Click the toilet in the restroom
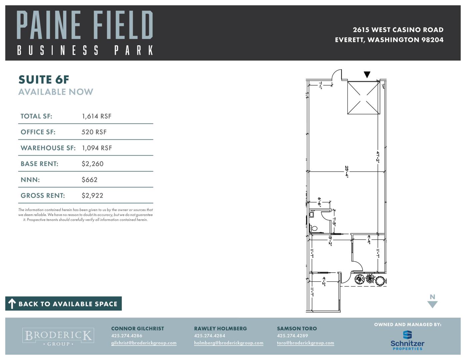[x=314, y=228]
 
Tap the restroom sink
[x=312, y=214]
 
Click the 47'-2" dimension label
[x=378, y=157]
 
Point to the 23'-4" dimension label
[x=347, y=171]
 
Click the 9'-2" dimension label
[x=324, y=281]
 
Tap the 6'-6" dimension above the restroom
[x=319, y=202]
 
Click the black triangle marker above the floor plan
[x=367, y=74]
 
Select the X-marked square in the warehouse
[x=364, y=98]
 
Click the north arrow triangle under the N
[x=432, y=304]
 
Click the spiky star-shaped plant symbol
[x=370, y=279]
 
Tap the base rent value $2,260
[x=92, y=164]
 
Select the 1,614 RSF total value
[x=97, y=116]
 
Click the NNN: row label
[x=30, y=180]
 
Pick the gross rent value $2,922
[x=92, y=196]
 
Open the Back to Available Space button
[x=63, y=303]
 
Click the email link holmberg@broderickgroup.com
[x=228, y=343]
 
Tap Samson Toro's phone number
[x=292, y=336]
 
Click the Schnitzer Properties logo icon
[x=407, y=335]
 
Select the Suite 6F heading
[x=44, y=79]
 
